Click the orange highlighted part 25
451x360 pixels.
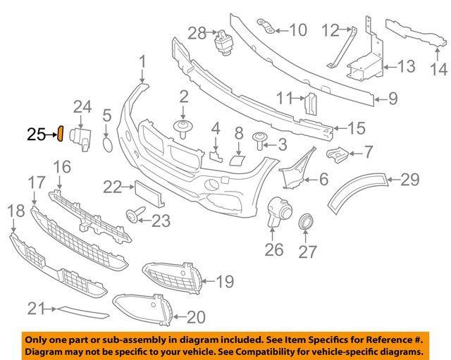61,133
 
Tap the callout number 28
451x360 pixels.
197,32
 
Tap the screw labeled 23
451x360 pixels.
133,214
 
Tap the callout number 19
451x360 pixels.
224,283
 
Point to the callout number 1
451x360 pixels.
143,63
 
